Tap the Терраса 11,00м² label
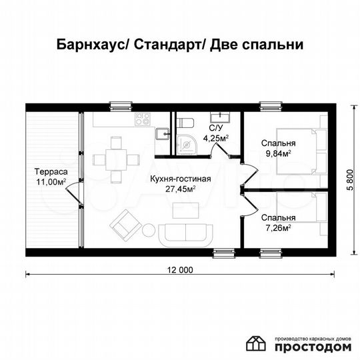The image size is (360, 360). point(51,176)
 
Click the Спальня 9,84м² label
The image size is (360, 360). point(278,148)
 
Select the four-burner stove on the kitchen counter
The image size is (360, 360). point(143,119)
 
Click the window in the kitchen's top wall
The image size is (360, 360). point(119,104)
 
